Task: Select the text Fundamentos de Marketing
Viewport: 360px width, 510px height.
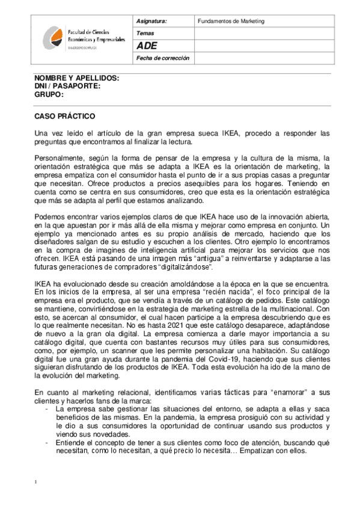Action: coord(231,21)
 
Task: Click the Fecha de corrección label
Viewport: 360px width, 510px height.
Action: coord(162,58)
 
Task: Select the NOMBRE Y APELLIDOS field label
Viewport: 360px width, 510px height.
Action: coord(76,79)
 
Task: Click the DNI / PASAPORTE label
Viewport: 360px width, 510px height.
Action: coord(67,87)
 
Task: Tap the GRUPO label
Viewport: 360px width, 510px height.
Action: coord(49,94)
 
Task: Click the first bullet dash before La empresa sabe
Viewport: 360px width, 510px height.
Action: coord(47,408)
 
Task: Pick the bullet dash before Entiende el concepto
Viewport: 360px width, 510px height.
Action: coord(47,442)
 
